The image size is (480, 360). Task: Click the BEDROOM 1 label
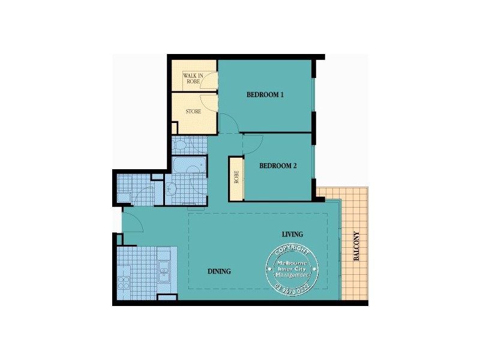[x=265, y=95]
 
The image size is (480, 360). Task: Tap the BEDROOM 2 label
[x=278, y=166]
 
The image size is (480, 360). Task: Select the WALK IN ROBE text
[x=193, y=78]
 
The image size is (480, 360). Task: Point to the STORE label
[x=193, y=112]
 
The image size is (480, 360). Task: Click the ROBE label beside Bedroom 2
[x=236, y=178]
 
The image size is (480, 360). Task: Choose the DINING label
[x=219, y=271]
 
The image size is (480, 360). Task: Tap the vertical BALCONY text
[x=356, y=246]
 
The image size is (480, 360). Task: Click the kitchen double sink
[x=164, y=270]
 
